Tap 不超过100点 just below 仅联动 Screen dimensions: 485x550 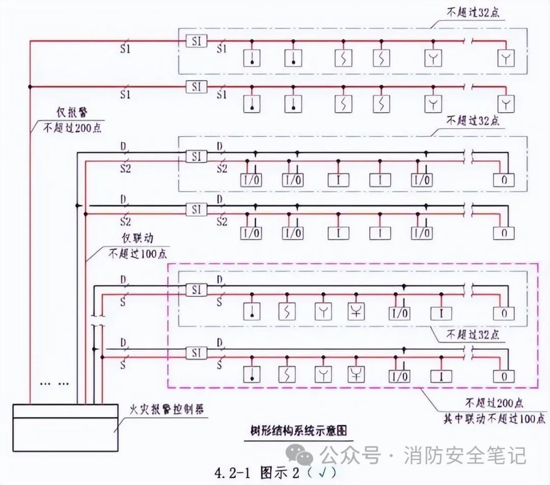pyautogui.click(x=137, y=253)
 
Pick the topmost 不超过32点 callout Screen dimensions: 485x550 pyautogui.click(x=473, y=13)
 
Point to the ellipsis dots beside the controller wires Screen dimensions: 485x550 pyautogui.click(x=55, y=382)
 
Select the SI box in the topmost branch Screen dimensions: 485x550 pyautogui.click(x=197, y=41)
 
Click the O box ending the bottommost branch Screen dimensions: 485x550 pyautogui.click(x=504, y=376)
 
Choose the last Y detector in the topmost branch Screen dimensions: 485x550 pyautogui.click(x=506, y=58)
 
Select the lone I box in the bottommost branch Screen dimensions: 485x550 pyautogui.click(x=441, y=376)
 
